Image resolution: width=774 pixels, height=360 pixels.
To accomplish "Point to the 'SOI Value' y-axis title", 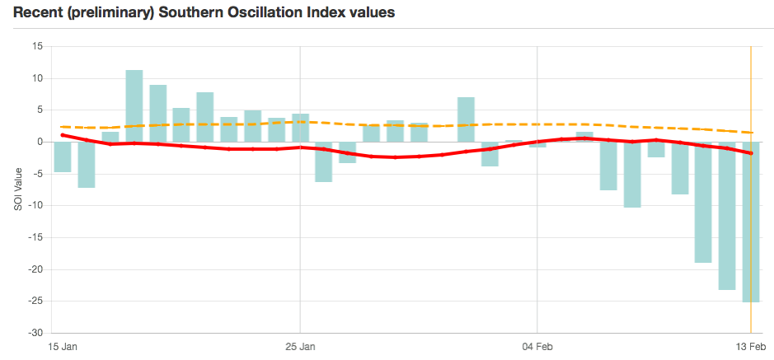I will point(18,189).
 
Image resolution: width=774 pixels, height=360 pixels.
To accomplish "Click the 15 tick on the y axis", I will point(37,46).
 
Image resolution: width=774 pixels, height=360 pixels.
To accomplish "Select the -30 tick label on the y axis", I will point(35,333).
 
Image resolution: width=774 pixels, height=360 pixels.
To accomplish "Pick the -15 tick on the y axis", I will point(35,237).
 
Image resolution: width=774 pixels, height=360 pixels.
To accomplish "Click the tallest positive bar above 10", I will point(134,105).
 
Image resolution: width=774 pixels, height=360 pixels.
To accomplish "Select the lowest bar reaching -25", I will point(750,222).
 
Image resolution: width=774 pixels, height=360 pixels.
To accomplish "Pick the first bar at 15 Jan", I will point(63,157).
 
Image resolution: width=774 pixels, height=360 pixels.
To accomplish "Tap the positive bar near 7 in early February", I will point(466,119).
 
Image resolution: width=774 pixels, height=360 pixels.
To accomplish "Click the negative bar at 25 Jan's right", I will point(324,161).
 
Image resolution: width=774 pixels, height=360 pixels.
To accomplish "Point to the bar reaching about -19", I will point(702,202).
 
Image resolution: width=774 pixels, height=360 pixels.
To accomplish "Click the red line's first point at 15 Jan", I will point(63,134).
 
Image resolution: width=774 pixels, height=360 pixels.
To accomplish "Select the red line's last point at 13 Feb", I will point(750,153).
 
